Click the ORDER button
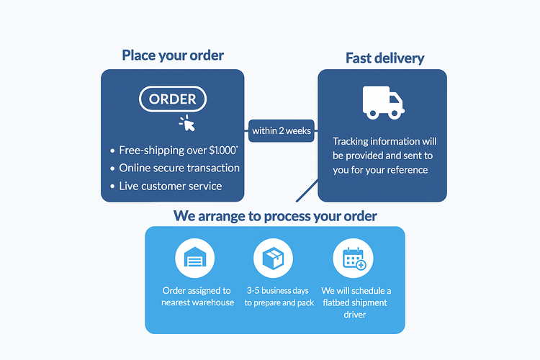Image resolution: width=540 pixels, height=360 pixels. pyautogui.click(x=172, y=100)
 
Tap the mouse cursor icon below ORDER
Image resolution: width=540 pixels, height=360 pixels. pyautogui.click(x=187, y=124)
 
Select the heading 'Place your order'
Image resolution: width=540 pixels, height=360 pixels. pyautogui.click(x=173, y=55)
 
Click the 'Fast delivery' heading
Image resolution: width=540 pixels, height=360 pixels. pyautogui.click(x=384, y=58)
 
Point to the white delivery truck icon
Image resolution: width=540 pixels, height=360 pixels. pyautogui.click(x=382, y=102)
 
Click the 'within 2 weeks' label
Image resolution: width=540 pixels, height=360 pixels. pyautogui.click(x=281, y=130)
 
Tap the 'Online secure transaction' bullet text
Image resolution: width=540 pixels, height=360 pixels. pyautogui.click(x=179, y=168)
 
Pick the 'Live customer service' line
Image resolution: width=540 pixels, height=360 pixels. pyautogui.click(x=171, y=186)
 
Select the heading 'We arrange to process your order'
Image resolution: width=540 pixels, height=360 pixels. pyautogui.click(x=275, y=216)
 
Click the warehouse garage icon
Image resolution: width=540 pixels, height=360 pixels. pyautogui.click(x=194, y=258)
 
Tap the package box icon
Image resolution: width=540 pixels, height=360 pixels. pyautogui.click(x=273, y=258)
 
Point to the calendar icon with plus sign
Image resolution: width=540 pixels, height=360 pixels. pyautogui.click(x=354, y=258)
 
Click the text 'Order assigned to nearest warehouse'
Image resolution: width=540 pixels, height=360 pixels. pyautogui.click(x=198, y=297)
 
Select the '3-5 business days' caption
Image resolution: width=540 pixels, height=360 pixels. pyautogui.click(x=279, y=297)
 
